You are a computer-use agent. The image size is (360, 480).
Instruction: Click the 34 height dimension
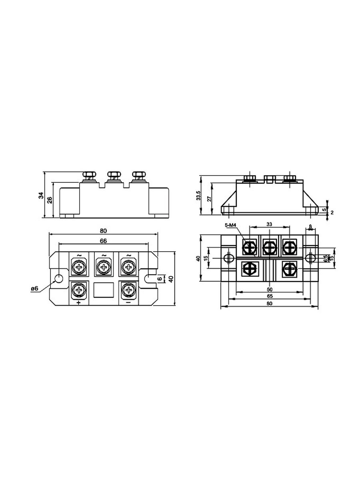click(x=41, y=195)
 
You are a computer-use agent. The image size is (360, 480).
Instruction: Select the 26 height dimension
click(x=50, y=200)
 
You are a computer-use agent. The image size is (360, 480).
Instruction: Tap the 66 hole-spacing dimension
click(x=103, y=241)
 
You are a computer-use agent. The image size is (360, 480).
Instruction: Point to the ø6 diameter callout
click(x=35, y=289)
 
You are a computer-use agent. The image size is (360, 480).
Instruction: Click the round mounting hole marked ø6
click(x=58, y=278)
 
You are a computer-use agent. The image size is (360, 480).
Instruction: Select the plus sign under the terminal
click(x=79, y=302)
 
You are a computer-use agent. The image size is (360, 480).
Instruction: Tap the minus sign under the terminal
click(x=128, y=302)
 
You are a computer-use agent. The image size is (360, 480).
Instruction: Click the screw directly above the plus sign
click(x=79, y=290)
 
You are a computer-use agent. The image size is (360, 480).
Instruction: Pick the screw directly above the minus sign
click(x=128, y=290)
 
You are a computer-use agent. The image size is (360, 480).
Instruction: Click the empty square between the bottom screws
click(x=104, y=290)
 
